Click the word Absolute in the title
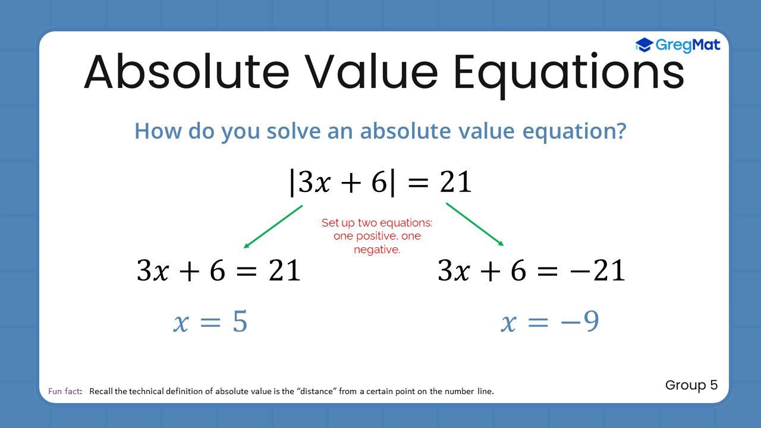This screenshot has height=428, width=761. click(187, 72)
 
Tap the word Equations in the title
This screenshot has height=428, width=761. click(569, 75)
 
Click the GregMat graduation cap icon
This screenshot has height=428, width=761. click(644, 45)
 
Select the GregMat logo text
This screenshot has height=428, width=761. click(688, 46)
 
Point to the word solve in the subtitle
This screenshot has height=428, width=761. click(294, 131)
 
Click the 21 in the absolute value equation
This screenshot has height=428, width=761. click(455, 182)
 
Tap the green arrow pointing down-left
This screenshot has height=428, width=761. click(273, 226)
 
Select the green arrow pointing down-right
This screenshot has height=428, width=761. click(474, 224)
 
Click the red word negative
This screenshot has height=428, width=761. click(377, 250)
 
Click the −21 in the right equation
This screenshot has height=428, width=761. click(598, 270)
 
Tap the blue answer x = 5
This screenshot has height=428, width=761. click(210, 322)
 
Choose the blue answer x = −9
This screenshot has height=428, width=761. click(550, 322)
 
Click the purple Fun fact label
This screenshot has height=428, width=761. click(64, 391)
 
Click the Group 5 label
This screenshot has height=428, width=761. click(691, 385)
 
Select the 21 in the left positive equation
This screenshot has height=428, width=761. click(284, 270)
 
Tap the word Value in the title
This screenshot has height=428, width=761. click(371, 72)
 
